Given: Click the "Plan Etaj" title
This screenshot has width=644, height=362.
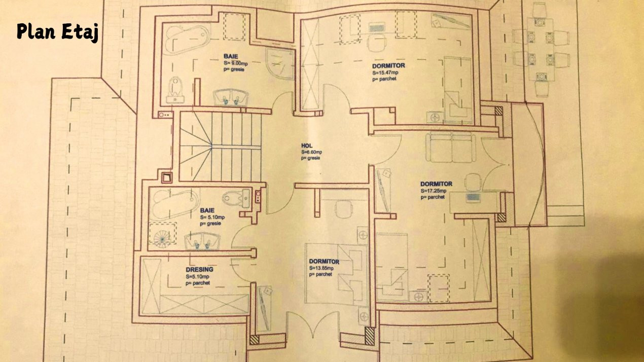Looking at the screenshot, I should (x=57, y=31).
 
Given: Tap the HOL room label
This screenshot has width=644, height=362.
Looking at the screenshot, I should (x=307, y=146).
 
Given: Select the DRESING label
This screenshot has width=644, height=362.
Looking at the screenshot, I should (x=199, y=270).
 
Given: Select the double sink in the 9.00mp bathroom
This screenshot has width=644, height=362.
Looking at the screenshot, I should (x=231, y=96).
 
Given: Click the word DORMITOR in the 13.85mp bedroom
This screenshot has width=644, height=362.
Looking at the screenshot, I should (x=324, y=262).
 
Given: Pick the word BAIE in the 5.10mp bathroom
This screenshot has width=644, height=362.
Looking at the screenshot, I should (x=207, y=210).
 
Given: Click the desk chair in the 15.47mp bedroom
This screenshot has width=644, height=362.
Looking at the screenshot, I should (x=376, y=43).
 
